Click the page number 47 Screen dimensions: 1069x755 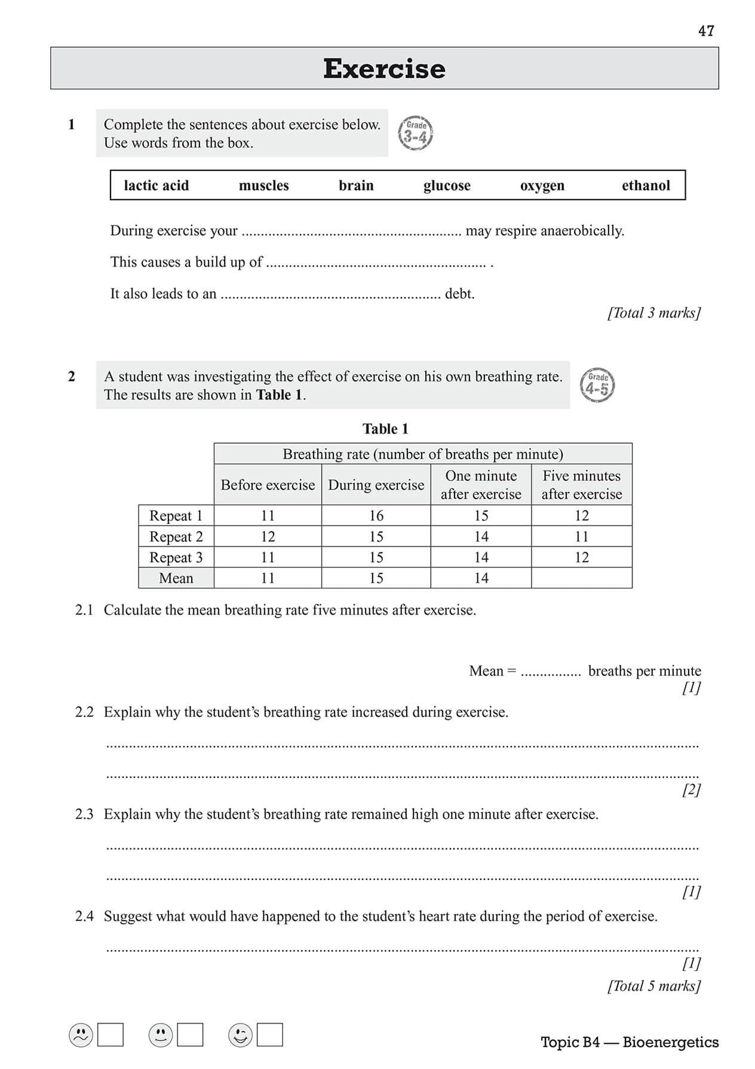pos(705,31)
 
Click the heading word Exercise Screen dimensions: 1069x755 pos(384,69)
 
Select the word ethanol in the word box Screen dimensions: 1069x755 pos(646,185)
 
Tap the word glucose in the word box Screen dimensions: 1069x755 pos(447,185)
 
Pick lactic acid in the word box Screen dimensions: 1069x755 pos(156,185)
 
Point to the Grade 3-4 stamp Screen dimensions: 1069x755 pos(415,133)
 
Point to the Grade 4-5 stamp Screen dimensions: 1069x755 pos(597,385)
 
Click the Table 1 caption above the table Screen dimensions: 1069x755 pos(385,429)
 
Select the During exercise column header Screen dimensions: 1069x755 pos(376,485)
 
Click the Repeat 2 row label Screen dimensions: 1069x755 pos(176,536)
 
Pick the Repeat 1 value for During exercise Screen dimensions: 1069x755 pos(376,515)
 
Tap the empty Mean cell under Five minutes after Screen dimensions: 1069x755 pos(581,578)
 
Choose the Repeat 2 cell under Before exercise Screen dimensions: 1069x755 pos(268,536)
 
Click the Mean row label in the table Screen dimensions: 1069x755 pos(176,578)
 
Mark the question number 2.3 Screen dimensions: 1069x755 pos(84,814)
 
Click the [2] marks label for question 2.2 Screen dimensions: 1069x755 pos(691,790)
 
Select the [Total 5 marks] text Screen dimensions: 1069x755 pos(654,986)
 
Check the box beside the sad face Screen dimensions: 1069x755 pos(111,1035)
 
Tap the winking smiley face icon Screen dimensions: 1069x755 pos(240,1035)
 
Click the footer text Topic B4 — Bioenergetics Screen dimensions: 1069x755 pos(630,1042)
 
